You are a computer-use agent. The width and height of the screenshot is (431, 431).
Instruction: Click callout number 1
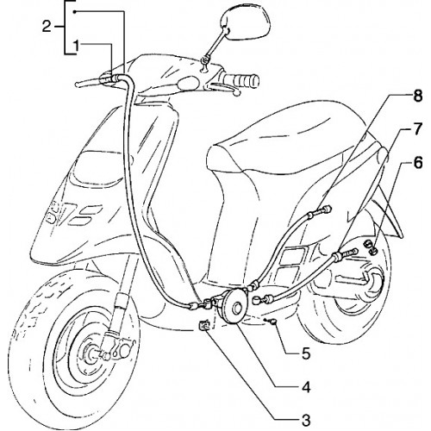coord(76,47)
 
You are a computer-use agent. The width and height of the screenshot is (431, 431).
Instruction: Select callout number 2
coord(47,27)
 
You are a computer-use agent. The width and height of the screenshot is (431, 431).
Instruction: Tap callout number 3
coord(306,421)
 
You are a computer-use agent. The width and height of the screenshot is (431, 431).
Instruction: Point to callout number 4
coord(306,388)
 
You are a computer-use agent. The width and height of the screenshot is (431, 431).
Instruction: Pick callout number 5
coord(306,354)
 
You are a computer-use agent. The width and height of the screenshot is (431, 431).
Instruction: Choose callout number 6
coord(417,163)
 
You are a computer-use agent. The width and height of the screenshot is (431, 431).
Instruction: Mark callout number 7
coord(417,129)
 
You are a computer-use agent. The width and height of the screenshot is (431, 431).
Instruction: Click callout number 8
coord(417,96)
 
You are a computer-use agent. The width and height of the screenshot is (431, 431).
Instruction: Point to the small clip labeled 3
coord(204,326)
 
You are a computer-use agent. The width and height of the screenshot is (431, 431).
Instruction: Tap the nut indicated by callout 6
coord(371,248)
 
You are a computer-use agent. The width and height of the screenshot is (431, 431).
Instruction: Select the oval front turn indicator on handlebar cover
coord(189,83)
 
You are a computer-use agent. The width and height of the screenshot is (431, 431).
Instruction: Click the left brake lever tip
coord(78,84)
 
